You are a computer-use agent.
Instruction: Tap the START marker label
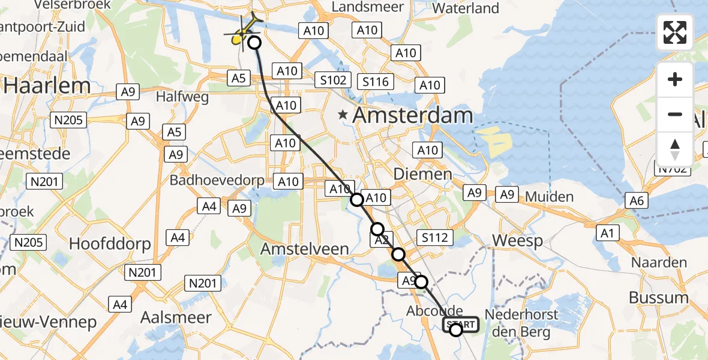click(461, 325)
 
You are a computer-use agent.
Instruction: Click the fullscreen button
click(675, 32)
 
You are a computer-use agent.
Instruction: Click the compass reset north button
click(675, 149)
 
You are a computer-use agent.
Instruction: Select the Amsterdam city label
click(413, 115)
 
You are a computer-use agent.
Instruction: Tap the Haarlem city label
click(47, 85)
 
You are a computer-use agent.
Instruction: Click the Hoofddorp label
click(110, 243)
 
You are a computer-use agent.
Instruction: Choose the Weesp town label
click(517, 241)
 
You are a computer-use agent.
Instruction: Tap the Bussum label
click(658, 298)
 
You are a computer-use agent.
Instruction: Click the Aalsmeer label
click(176, 317)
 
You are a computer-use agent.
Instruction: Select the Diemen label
click(422, 174)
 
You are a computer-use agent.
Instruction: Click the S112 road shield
click(434, 238)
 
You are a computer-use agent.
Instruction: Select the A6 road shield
click(636, 200)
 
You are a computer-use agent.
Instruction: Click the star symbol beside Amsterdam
click(343, 114)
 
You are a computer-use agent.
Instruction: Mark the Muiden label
click(549, 197)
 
